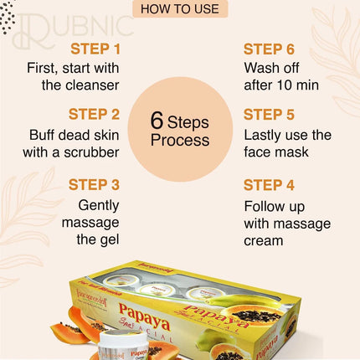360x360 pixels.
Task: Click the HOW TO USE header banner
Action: coord(179,10)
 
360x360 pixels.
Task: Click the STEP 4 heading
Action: coord(275,184)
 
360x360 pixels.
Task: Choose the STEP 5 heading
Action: coord(275,115)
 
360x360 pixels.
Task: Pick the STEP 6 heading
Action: coord(275,49)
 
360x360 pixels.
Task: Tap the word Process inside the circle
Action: coord(180,141)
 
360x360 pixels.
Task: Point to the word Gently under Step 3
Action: coord(101,205)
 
